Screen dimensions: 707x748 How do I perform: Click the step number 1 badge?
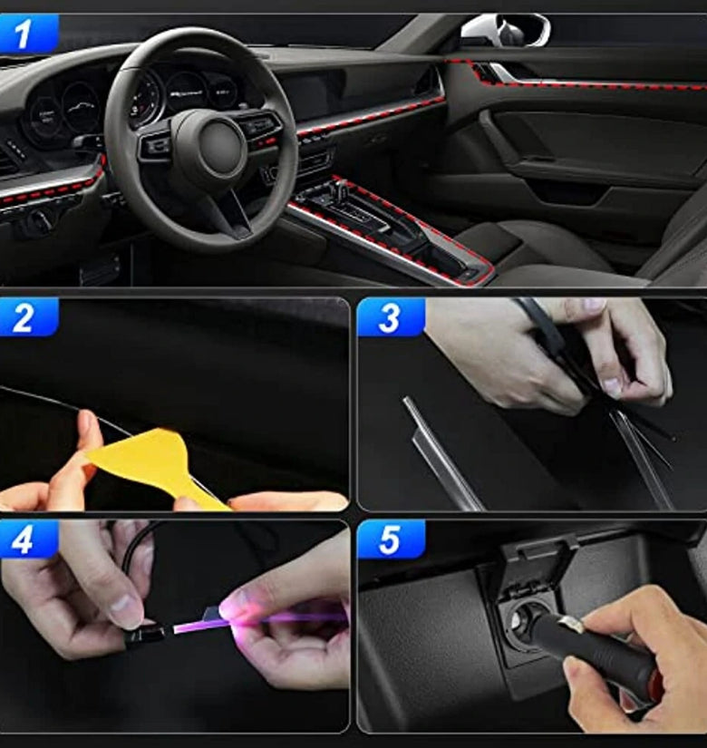[x=29, y=33]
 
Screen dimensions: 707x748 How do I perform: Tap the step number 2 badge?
[x=29, y=316]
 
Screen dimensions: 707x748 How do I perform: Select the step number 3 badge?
[x=391, y=316]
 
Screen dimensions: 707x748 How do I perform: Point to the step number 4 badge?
[x=29, y=539]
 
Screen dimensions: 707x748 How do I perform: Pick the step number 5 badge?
[x=391, y=539]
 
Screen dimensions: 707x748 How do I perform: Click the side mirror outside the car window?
[x=505, y=30]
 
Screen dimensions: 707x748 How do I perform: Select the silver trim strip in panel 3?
[x=441, y=453]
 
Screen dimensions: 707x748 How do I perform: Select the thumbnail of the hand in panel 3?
[x=612, y=386]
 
